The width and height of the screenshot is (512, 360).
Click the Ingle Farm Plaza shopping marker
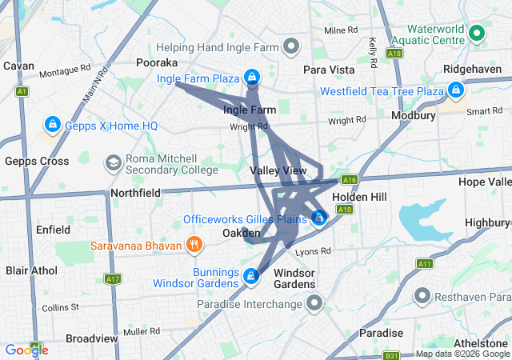coord(252,78)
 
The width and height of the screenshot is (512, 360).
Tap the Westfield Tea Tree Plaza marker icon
coord(456,90)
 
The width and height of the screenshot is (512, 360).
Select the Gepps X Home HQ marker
coord(52,126)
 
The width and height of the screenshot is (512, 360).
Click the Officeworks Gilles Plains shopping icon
coord(318,218)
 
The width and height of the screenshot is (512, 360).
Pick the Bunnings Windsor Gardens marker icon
coord(251,277)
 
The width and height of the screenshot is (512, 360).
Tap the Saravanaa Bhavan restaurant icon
coord(193,244)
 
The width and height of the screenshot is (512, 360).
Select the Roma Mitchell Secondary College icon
coord(113,163)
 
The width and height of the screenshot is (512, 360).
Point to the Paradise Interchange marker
coord(314,303)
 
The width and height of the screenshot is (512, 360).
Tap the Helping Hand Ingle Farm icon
coord(290,46)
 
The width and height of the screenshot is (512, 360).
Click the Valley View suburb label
coord(278,171)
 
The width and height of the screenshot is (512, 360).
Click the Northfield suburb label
coord(134,192)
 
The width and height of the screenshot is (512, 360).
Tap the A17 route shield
coord(113,278)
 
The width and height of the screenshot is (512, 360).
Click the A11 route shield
coord(424,263)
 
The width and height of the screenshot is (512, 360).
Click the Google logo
coord(26,350)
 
